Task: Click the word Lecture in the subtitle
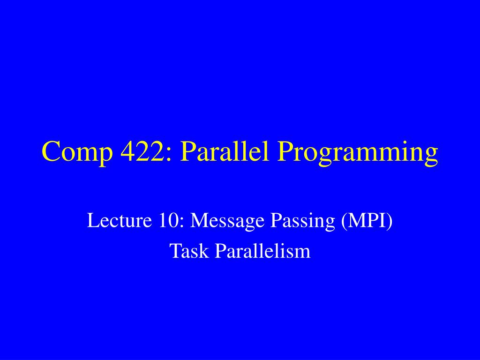click(x=120, y=220)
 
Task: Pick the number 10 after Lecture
click(x=168, y=220)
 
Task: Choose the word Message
click(x=227, y=221)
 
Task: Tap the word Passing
click(x=302, y=221)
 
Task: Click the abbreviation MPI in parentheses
click(x=366, y=220)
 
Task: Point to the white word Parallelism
click(x=262, y=251)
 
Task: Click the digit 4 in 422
click(x=128, y=151)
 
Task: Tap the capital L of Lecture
click(x=93, y=220)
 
